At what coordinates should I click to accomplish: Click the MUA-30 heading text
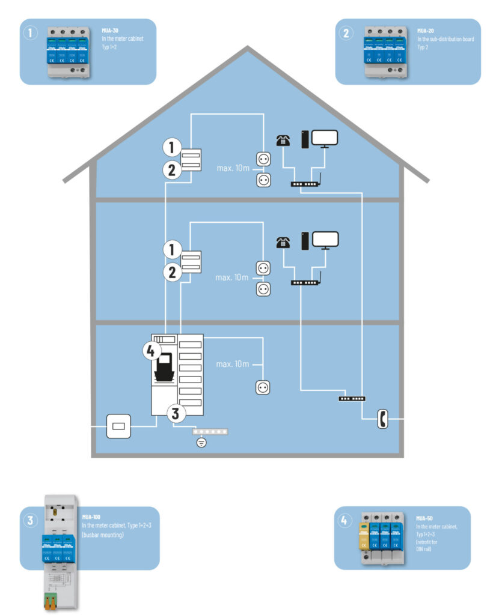[109, 29]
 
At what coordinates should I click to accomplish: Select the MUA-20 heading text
[424, 29]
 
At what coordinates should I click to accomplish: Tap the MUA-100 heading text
[92, 516]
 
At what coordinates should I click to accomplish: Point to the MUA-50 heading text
[424, 518]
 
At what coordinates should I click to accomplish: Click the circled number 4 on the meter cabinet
[153, 351]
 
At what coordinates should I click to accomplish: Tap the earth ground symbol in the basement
[201, 443]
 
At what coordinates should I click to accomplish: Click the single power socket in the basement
[262, 387]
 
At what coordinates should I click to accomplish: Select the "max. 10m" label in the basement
[233, 365]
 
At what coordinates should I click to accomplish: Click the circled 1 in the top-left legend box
[31, 33]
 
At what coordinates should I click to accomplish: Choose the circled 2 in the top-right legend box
[346, 33]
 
